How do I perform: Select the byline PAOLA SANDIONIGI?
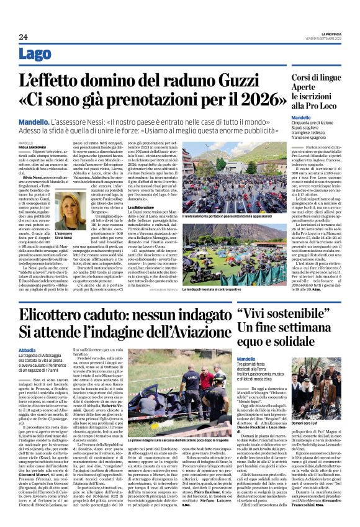32,146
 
